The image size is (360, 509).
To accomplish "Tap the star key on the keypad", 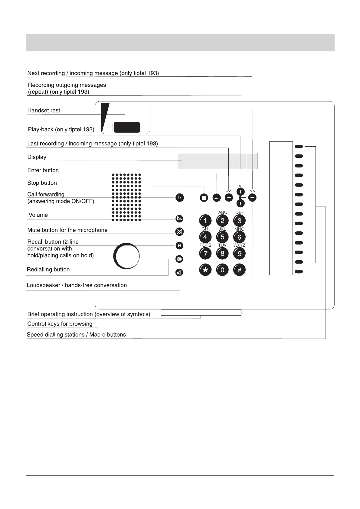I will click(205, 270).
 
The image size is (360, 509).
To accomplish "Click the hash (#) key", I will click(239, 270).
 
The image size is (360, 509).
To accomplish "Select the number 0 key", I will click(222, 270).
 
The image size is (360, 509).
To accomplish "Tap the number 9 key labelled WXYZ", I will click(239, 253).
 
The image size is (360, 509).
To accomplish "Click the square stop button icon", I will click(204, 198).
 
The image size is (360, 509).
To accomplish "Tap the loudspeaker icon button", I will click(179, 273).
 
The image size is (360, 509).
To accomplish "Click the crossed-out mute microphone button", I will click(179, 232).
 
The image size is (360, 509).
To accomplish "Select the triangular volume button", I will click(179, 219).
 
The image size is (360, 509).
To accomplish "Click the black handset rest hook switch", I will click(126, 128).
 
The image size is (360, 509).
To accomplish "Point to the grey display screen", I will click(217, 161).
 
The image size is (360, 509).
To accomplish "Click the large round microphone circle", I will click(126, 256).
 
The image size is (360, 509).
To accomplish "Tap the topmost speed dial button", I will click(299, 147).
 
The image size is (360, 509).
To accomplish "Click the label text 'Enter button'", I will click(43, 170).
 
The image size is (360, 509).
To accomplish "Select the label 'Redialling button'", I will click(48, 269).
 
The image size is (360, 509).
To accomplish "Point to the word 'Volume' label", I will click(38, 215).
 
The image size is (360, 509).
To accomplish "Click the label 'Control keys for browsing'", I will click(60, 324).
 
